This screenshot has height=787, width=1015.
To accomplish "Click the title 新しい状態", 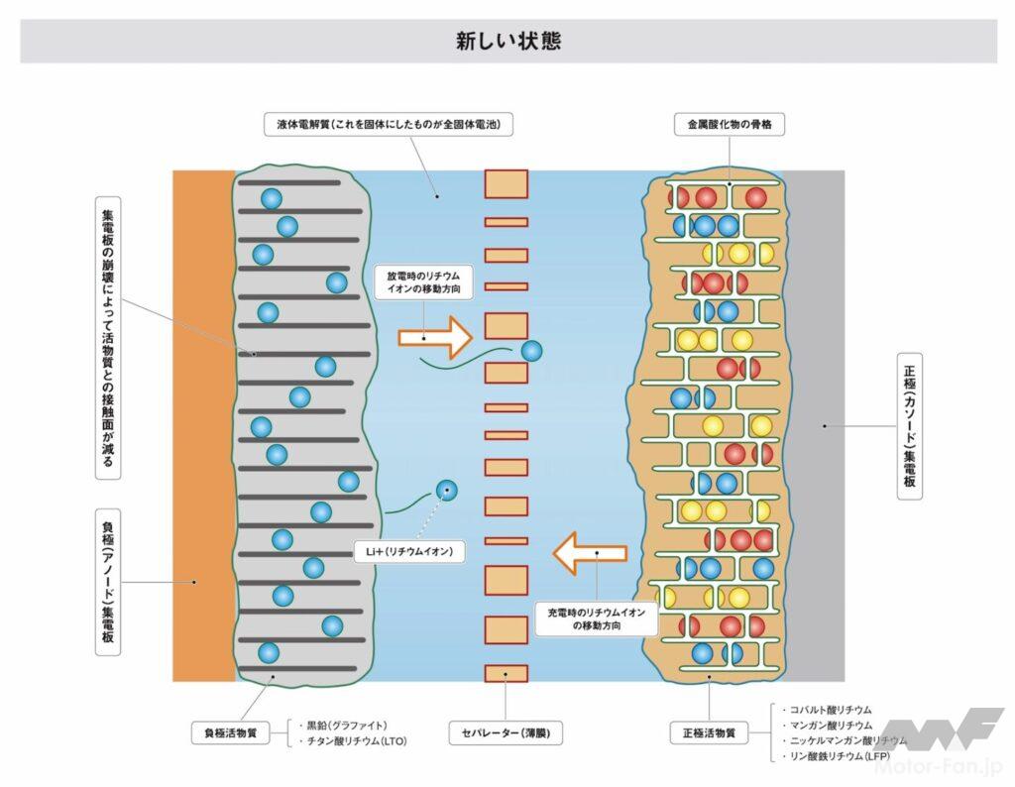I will (507, 41).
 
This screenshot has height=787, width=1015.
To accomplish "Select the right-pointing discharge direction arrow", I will (436, 337).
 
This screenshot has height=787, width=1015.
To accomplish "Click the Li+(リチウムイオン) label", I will (408, 552).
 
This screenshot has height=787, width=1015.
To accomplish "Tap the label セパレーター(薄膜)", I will (506, 734).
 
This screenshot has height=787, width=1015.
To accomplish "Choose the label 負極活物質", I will (230, 734).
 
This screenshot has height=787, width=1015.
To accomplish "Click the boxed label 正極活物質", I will (709, 734).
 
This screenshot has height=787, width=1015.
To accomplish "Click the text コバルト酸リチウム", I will (831, 710).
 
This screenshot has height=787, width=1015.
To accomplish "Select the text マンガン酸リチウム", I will (831, 726).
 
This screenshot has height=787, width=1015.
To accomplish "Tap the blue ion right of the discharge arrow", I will (532, 350).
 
